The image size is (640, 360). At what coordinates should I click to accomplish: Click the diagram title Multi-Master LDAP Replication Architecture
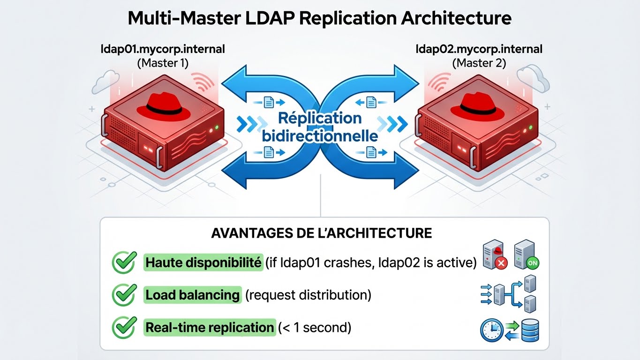click(320, 18)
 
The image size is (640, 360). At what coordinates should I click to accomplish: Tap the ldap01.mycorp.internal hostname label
click(163, 49)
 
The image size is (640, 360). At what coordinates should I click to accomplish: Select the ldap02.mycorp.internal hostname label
click(479, 49)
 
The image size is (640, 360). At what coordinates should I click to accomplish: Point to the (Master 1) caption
click(163, 63)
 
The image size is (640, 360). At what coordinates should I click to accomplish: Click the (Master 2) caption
click(479, 63)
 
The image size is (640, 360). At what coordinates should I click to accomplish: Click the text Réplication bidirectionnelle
click(319, 127)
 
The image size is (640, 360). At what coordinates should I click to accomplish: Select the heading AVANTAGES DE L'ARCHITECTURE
click(322, 233)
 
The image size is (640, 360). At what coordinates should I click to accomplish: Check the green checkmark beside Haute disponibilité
click(124, 262)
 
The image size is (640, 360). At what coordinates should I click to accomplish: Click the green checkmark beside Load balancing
click(124, 295)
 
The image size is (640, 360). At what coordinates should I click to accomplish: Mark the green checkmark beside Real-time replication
click(124, 327)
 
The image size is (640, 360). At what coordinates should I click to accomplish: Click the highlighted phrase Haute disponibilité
click(203, 263)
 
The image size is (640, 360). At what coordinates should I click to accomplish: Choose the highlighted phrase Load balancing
click(192, 295)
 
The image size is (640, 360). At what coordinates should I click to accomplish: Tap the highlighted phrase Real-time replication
click(210, 327)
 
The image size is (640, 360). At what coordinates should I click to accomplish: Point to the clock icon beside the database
click(491, 330)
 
